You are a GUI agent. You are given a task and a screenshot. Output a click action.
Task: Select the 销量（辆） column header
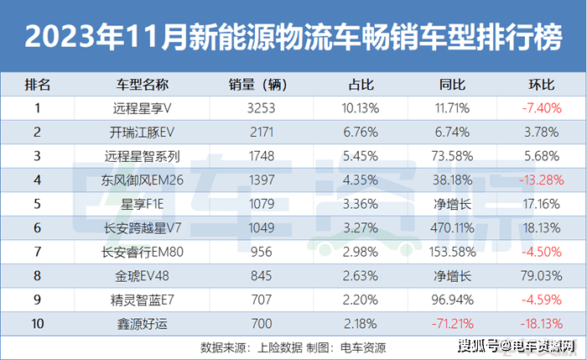tap(257, 86)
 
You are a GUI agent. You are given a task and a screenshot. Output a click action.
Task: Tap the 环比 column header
tap(541, 86)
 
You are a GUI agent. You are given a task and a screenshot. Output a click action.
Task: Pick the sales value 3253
tap(257, 108)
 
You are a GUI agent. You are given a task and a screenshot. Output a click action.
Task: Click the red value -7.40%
tap(541, 108)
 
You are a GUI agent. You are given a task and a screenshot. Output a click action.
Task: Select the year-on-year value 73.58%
tap(452, 155)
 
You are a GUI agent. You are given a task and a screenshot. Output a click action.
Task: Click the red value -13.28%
tap(541, 180)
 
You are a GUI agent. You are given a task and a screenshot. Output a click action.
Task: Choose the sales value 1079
tap(257, 203)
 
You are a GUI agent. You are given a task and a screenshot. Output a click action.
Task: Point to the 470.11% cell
tap(452, 227)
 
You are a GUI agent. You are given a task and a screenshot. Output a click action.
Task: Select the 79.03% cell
tap(541, 274)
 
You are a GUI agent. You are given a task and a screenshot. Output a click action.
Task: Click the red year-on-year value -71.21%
tap(452, 321)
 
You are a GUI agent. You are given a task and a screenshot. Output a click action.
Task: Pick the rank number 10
tap(38, 321)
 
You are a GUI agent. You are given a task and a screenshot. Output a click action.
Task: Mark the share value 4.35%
tap(363, 180)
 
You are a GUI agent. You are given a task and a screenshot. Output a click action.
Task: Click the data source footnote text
tap(293, 345)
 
